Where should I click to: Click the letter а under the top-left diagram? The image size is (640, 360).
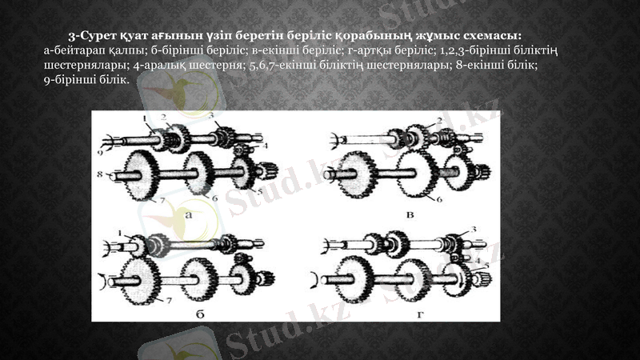click(188, 215)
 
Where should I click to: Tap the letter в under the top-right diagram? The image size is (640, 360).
click(410, 214)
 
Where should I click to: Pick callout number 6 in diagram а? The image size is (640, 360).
click(214, 198)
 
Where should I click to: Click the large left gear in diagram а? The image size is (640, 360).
click(142, 171)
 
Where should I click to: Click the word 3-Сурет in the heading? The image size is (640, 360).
click(90, 36)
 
